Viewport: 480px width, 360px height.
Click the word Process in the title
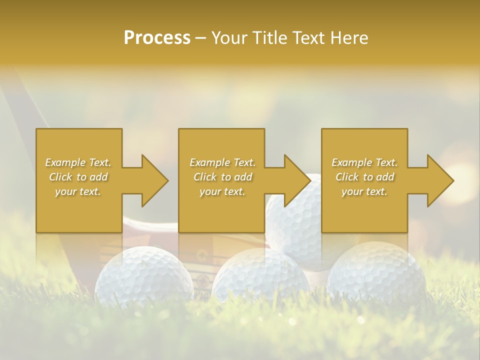coord(157,38)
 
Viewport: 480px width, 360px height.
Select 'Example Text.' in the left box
coord(78,162)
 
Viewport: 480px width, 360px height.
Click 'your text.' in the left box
coord(78,191)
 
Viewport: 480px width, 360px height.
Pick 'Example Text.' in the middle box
coord(222,162)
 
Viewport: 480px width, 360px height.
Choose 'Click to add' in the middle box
coord(222,177)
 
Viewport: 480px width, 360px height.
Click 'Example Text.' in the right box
coord(364,162)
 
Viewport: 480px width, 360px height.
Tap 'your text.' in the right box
coord(364,191)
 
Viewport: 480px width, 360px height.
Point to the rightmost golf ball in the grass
coord(376,272)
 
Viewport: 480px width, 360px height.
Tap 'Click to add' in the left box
coord(78,177)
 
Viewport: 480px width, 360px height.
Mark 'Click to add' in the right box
coord(364,177)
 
